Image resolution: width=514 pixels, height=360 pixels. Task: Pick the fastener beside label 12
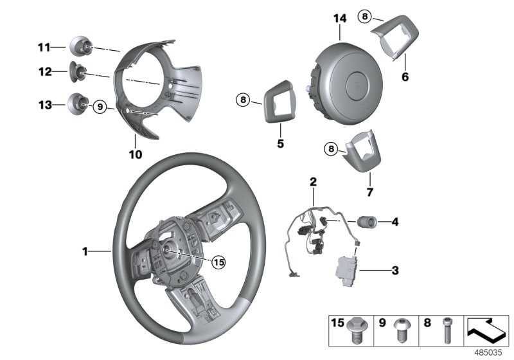tap(79, 72)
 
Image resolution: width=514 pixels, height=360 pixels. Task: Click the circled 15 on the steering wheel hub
tap(219, 262)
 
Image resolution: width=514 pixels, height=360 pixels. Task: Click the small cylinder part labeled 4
tap(368, 222)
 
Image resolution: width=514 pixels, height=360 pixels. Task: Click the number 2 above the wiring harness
tap(313, 182)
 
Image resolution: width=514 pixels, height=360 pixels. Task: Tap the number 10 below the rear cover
tap(135, 154)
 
